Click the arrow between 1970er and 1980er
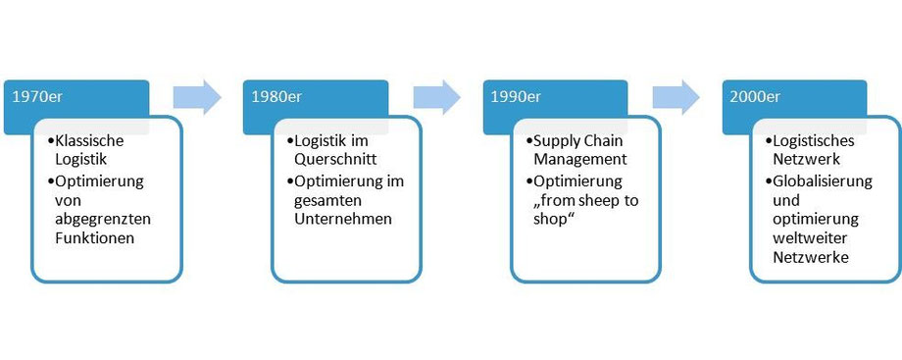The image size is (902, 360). [197, 97]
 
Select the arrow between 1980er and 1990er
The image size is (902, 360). [436, 97]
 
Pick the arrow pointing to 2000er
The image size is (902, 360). [676, 97]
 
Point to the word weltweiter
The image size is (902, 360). [812, 237]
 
